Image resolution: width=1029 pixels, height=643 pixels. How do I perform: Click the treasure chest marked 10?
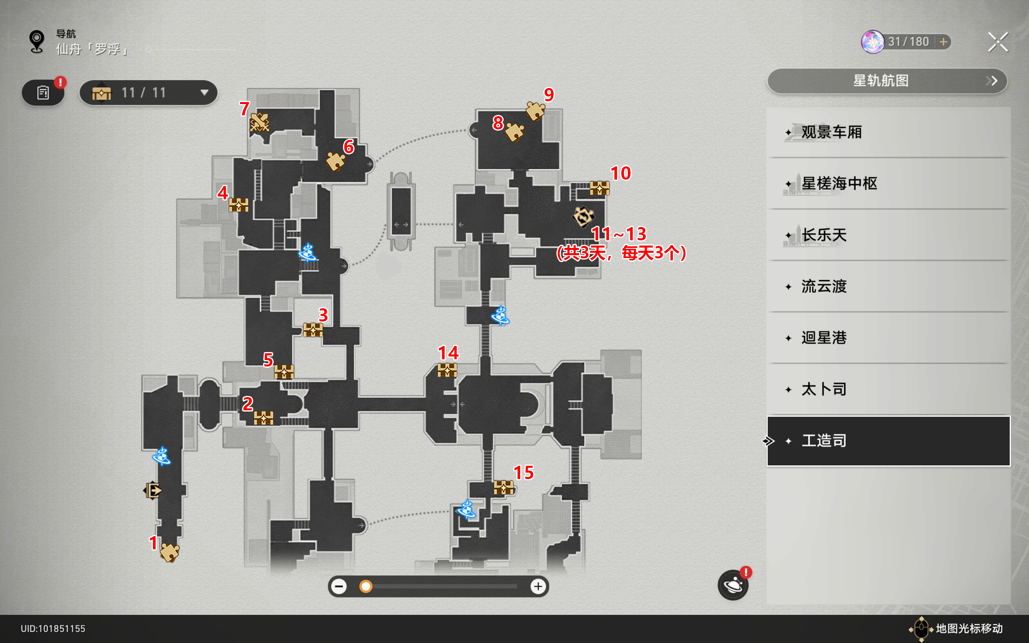coord(600,188)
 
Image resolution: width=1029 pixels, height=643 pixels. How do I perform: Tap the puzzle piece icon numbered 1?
coord(170,553)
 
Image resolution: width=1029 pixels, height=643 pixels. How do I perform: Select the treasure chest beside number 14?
coord(447,370)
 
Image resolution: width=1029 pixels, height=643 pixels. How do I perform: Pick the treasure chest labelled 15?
coord(503,487)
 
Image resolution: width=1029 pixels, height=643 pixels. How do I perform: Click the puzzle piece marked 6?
coord(336,162)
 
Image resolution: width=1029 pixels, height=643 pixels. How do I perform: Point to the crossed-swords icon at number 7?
coord(259,123)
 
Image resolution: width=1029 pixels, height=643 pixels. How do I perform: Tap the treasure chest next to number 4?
coord(238,205)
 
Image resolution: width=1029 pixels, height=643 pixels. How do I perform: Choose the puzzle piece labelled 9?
coord(535,111)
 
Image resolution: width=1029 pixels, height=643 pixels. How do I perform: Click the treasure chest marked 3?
coord(313,330)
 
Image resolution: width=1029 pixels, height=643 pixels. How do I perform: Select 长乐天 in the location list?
coord(824,235)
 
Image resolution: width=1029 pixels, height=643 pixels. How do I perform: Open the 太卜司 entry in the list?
coord(824,389)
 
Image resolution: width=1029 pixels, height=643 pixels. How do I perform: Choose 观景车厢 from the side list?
coord(831,132)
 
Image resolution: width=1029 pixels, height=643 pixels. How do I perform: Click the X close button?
coord(998,42)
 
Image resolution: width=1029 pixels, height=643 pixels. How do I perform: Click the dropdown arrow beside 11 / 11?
coord(205,92)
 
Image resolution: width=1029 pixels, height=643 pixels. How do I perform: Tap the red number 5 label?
coord(268,360)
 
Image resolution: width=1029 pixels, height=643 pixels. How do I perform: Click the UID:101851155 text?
coord(53,629)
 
